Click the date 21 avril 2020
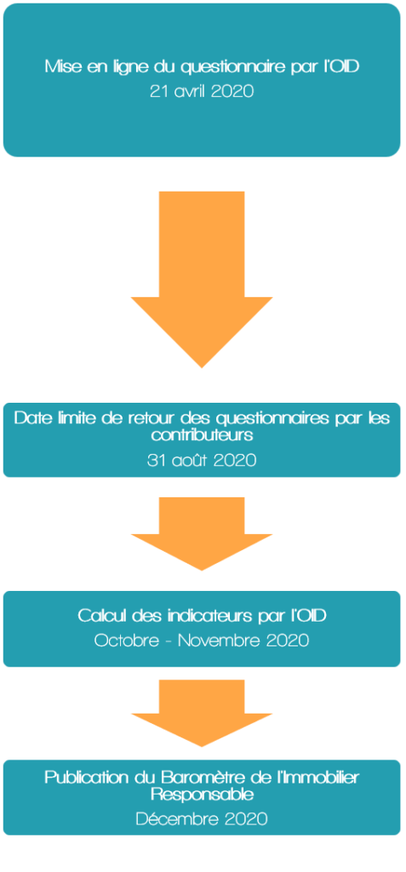coord(202,91)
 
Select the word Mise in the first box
coord(60,67)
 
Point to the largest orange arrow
coord(202,279)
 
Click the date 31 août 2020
coord(202,461)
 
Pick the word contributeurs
coord(202,435)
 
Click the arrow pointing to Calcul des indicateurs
coord(202,533)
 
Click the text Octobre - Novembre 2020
coord(202,640)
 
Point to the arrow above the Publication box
coord(202,713)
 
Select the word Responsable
coord(202,795)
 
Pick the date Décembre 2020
coord(202,818)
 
